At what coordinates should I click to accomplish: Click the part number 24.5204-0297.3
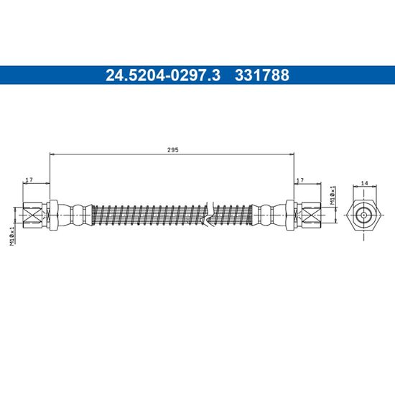pyautogui.click(x=163, y=75)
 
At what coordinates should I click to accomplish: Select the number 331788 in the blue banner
pyautogui.click(x=262, y=75)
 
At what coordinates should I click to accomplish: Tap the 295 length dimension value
pyautogui.click(x=173, y=150)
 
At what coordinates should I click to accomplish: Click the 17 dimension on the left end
pyautogui.click(x=29, y=180)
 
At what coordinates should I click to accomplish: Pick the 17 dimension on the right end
pyautogui.click(x=300, y=180)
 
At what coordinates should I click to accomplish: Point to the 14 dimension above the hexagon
pyautogui.click(x=365, y=183)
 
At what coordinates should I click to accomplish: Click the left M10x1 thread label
pyautogui.click(x=12, y=236)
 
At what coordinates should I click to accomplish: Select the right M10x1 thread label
pyautogui.click(x=333, y=195)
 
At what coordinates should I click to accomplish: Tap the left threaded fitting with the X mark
pyautogui.click(x=33, y=215)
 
